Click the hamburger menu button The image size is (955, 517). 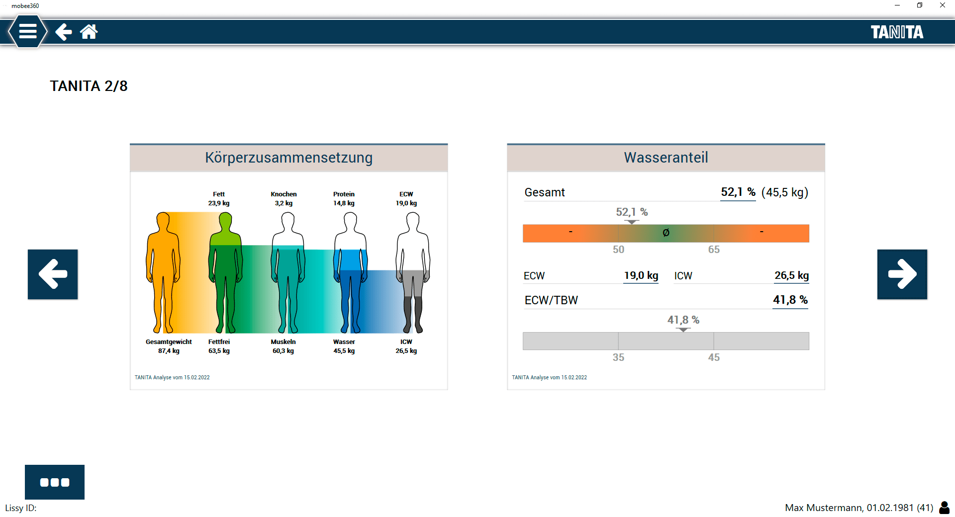coord(28,32)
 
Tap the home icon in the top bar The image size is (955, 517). coord(89,32)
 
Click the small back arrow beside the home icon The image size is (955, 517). coord(63,32)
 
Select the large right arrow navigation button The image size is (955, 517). coord(902,274)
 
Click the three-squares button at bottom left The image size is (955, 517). coord(55,482)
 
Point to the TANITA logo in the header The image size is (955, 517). coord(896,32)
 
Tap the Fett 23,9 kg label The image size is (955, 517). coord(219,199)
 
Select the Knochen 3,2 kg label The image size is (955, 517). coord(284,199)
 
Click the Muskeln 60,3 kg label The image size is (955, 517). coord(283,346)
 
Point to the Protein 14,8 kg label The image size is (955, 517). coord(344,199)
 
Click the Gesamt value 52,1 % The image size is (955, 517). coord(738,192)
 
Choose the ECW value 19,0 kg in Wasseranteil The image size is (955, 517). coord(641,275)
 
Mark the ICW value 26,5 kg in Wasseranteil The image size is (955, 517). coord(791,275)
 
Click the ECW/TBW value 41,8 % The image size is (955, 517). coord(790,300)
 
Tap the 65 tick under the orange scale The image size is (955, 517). coord(714,250)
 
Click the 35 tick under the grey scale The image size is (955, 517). coord(618,357)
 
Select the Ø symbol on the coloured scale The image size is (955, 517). coord(666,233)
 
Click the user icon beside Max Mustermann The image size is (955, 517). coord(944,508)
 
